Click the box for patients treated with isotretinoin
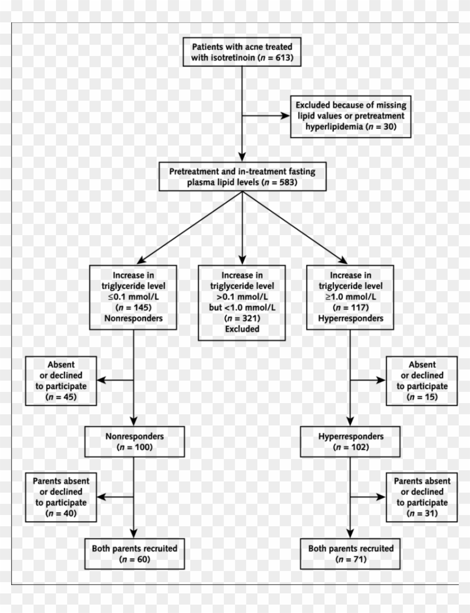click(x=242, y=52)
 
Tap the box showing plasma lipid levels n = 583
click(x=242, y=177)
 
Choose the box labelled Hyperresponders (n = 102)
click(x=350, y=441)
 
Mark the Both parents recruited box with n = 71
click(x=350, y=553)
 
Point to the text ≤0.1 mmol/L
click(x=133, y=296)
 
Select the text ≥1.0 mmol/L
click(x=350, y=296)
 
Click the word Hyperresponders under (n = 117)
click(x=350, y=317)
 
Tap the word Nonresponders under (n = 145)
click(x=133, y=317)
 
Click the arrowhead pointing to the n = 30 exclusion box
click(x=284, y=116)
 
